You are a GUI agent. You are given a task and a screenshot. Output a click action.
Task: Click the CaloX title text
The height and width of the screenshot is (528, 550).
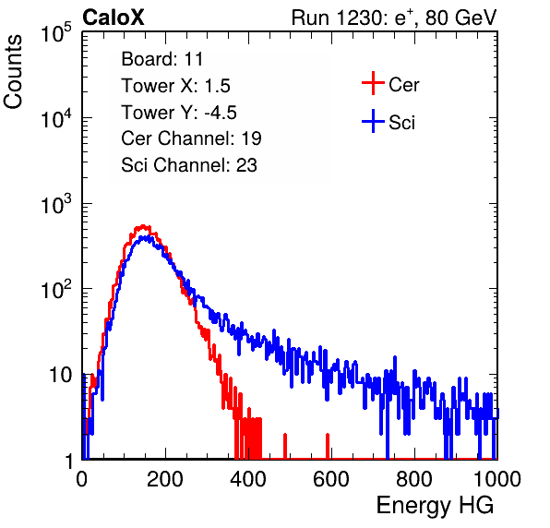tap(113, 18)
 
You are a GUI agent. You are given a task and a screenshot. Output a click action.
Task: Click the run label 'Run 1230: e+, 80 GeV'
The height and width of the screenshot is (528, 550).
tap(394, 18)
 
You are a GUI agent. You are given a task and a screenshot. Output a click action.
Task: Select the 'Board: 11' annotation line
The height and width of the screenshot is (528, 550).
tap(162, 58)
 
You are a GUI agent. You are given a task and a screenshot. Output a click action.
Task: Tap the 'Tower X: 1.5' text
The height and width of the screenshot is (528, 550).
tap(175, 86)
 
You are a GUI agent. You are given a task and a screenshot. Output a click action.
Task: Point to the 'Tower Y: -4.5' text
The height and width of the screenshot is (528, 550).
tap(179, 113)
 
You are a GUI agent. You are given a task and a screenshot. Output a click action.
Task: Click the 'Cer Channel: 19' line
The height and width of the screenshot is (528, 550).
tap(191, 138)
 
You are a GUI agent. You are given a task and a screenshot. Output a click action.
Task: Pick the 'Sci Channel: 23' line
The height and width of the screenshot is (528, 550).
tap(189, 165)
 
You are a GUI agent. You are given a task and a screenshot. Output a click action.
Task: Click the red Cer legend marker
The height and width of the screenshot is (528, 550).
tap(373, 83)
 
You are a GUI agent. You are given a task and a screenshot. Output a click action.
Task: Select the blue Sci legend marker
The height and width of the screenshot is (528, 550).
tap(373, 122)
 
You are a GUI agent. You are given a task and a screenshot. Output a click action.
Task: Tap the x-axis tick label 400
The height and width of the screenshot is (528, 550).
tap(248, 479)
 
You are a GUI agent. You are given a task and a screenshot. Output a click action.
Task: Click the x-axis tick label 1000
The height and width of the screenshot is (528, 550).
tap(497, 479)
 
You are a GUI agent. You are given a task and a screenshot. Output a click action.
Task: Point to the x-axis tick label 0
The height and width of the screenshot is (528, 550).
tap(82, 479)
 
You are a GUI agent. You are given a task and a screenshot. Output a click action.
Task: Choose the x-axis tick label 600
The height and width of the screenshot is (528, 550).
tap(331, 479)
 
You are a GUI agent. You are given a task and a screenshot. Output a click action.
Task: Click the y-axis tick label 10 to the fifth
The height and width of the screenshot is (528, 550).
tap(56, 33)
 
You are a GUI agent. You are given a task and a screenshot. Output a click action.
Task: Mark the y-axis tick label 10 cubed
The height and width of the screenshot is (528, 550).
tap(56, 205)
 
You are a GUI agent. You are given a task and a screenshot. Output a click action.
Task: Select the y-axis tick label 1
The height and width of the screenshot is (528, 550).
tap(68, 461)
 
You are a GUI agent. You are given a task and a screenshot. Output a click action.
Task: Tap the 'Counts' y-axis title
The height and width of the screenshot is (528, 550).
tap(13, 72)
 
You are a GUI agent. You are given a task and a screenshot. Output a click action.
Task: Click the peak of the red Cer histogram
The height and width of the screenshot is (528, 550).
tap(143, 226)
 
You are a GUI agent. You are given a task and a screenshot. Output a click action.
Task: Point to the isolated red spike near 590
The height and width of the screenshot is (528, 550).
tap(328, 446)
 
